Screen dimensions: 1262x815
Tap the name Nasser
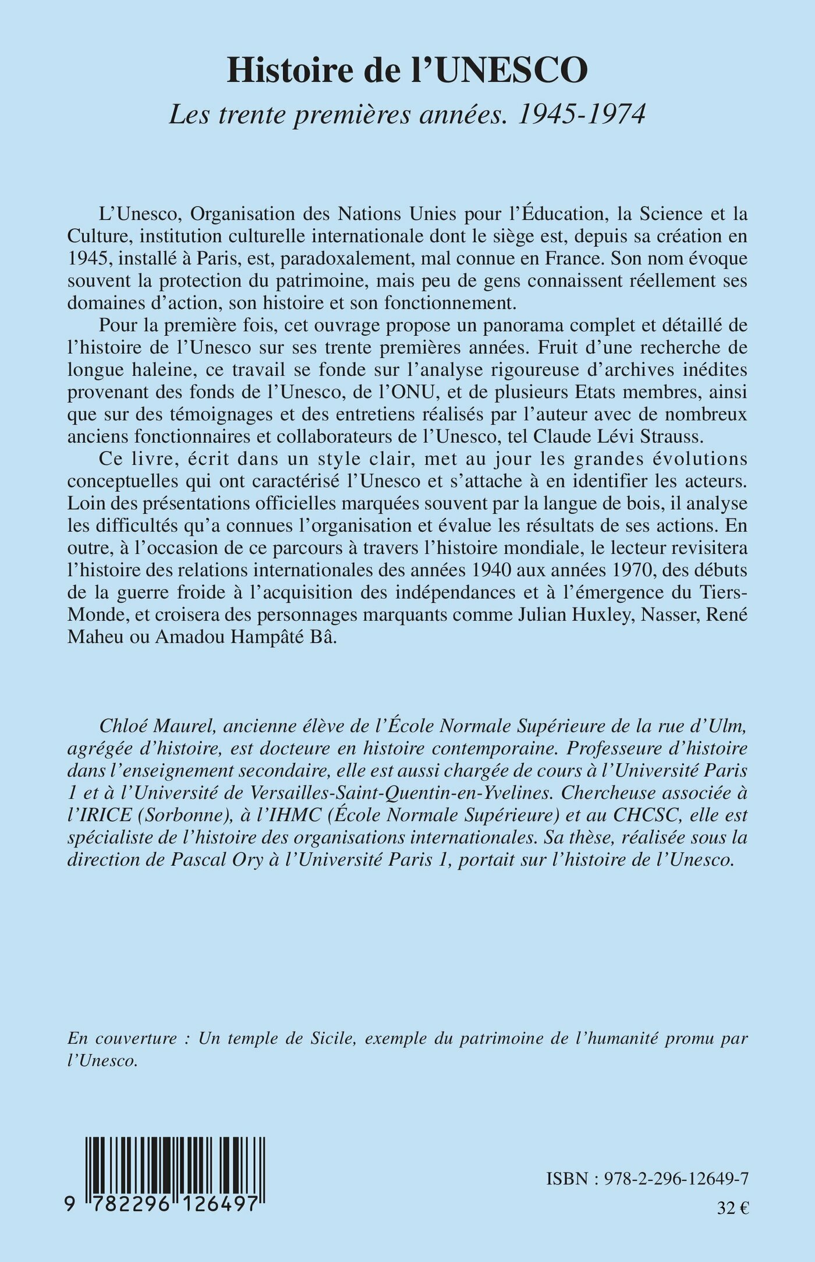point(668,615)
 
